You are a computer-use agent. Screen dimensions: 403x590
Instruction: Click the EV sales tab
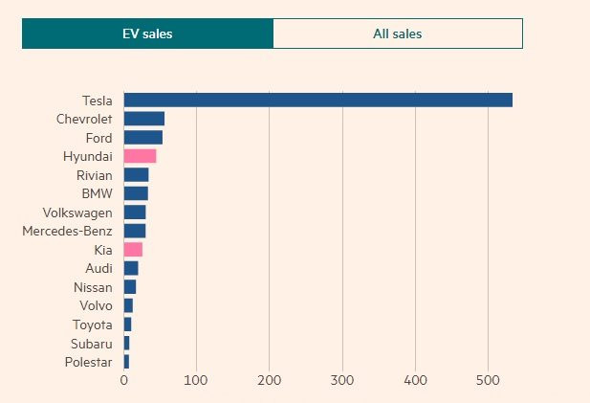[147, 34]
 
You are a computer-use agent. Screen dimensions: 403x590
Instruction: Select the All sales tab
[398, 34]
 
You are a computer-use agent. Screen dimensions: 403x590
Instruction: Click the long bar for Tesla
[317, 100]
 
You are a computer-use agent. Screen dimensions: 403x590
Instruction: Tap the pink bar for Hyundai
[140, 156]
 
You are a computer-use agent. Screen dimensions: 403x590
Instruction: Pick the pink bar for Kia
[133, 249]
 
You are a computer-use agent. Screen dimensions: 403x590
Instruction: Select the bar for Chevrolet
[143, 119]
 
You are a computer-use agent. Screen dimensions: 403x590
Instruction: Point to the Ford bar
[142, 137]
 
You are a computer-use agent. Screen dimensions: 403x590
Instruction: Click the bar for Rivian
[136, 174]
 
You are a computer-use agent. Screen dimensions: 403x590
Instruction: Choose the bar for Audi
[131, 268]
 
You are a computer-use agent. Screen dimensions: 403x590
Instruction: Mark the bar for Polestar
[126, 362]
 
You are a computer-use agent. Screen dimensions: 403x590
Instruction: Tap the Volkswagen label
[77, 212]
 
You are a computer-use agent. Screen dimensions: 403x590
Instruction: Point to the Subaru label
[92, 343]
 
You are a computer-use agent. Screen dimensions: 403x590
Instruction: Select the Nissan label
[93, 287]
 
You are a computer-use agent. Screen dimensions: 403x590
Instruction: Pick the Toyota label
[93, 325]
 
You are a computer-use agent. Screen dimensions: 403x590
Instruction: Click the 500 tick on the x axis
[489, 380]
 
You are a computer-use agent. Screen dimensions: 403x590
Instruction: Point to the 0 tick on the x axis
[124, 380]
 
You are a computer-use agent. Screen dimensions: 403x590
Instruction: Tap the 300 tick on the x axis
[342, 380]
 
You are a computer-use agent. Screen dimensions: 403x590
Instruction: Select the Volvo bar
[128, 305]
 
